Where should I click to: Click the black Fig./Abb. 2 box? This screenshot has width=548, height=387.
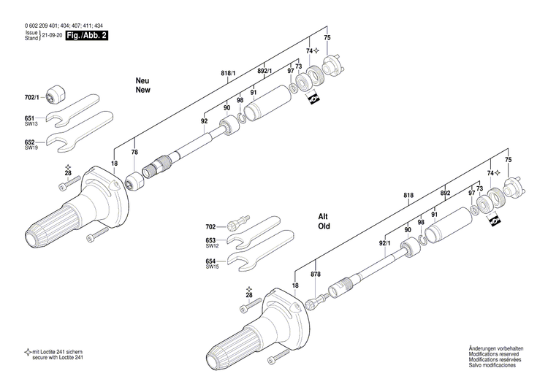pyautogui.click(x=86, y=35)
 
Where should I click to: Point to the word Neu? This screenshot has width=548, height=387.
pyautogui.click(x=142, y=80)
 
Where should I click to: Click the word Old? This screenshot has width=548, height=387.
pyautogui.click(x=324, y=227)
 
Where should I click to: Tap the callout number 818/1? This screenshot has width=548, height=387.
pyautogui.click(x=229, y=74)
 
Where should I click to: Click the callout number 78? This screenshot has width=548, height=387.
pyautogui.click(x=134, y=152)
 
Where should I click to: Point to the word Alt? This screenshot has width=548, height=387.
pyautogui.click(x=323, y=216)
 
